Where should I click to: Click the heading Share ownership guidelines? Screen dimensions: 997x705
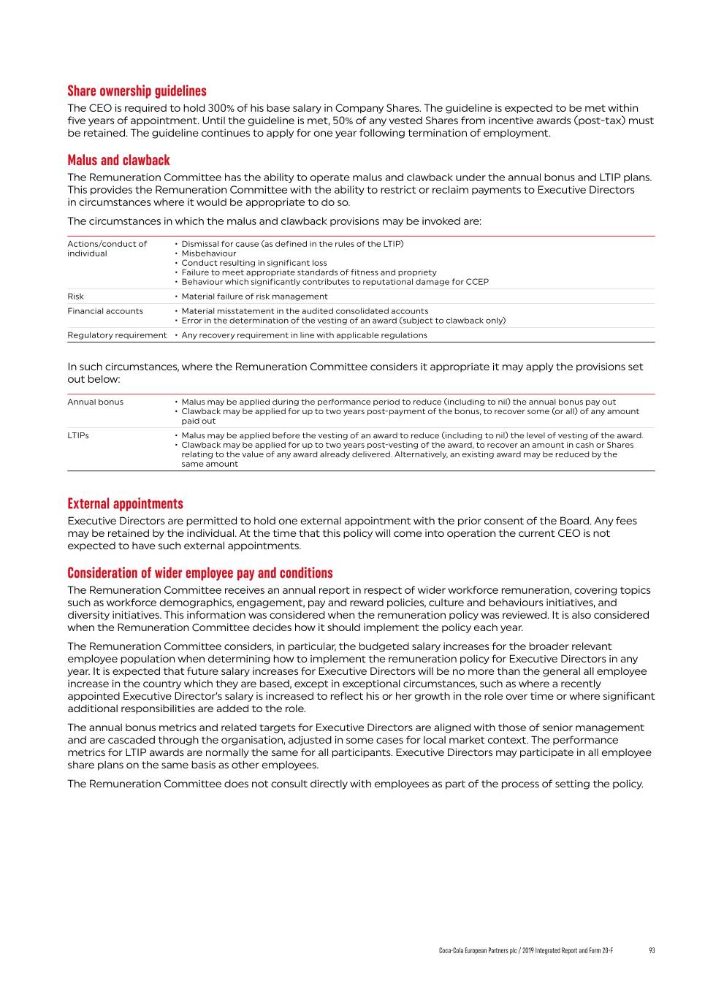point(137,91)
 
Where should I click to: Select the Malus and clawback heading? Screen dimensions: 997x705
point(118,161)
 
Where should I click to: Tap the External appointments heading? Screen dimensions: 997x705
point(125,504)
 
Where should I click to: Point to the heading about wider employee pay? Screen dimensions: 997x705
point(199,573)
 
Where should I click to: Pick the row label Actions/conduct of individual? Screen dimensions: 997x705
point(107,248)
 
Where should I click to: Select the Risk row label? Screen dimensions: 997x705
point(75,297)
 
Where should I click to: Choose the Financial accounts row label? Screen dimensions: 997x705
point(105,311)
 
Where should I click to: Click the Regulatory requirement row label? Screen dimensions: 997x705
point(117,335)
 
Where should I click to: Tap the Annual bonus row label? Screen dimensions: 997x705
point(95,402)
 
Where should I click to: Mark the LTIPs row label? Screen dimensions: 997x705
point(78,435)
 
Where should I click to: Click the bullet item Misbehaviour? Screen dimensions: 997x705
point(209,253)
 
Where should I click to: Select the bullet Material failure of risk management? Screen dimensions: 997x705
point(254,297)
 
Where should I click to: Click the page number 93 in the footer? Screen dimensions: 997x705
point(652,950)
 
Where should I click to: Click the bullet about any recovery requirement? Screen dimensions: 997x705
point(304,335)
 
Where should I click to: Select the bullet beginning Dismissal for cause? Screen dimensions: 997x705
point(292,244)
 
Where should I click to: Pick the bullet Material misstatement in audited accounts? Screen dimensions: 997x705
point(305,311)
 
